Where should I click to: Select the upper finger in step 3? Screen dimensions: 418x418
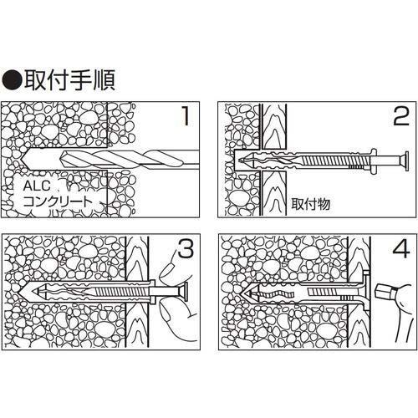171,272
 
